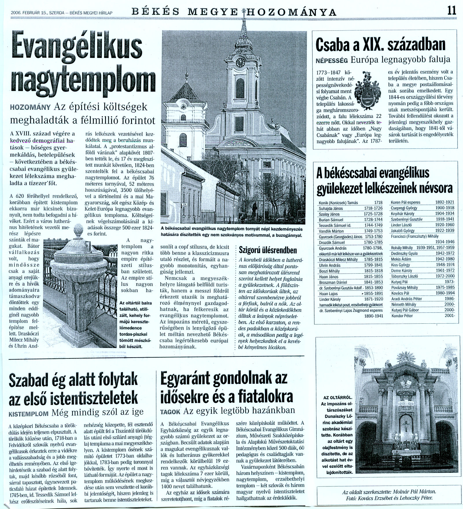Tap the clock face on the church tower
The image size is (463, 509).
pyautogui.click(x=240, y=62)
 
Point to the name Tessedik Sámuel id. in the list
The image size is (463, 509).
pyautogui.click(x=333, y=226)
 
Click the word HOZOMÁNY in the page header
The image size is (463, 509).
pyautogui.click(x=293, y=12)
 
